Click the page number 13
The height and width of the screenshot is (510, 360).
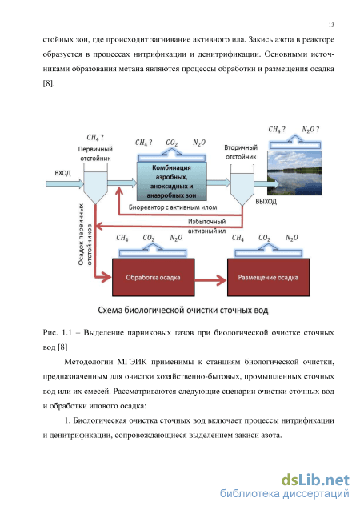331,25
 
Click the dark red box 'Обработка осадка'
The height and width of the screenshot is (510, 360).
153,278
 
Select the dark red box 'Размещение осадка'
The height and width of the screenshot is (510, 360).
268,278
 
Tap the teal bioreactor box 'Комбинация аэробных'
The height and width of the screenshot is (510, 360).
171,181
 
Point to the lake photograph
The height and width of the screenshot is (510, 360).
294,173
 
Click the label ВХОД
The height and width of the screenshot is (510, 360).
62,173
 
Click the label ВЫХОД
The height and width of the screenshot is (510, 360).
266,201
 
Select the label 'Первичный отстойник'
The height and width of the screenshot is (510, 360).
95,154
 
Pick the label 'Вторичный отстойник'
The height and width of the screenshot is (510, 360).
241,152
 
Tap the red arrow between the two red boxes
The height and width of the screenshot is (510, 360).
210,279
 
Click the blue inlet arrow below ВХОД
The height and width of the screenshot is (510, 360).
65,184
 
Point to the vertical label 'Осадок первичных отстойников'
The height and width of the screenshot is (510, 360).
85,234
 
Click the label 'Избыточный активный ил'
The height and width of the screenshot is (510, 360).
206,226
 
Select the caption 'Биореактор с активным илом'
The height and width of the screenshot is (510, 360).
173,207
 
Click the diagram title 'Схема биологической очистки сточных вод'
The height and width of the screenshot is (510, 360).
183,311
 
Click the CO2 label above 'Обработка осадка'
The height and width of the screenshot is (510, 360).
149,238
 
